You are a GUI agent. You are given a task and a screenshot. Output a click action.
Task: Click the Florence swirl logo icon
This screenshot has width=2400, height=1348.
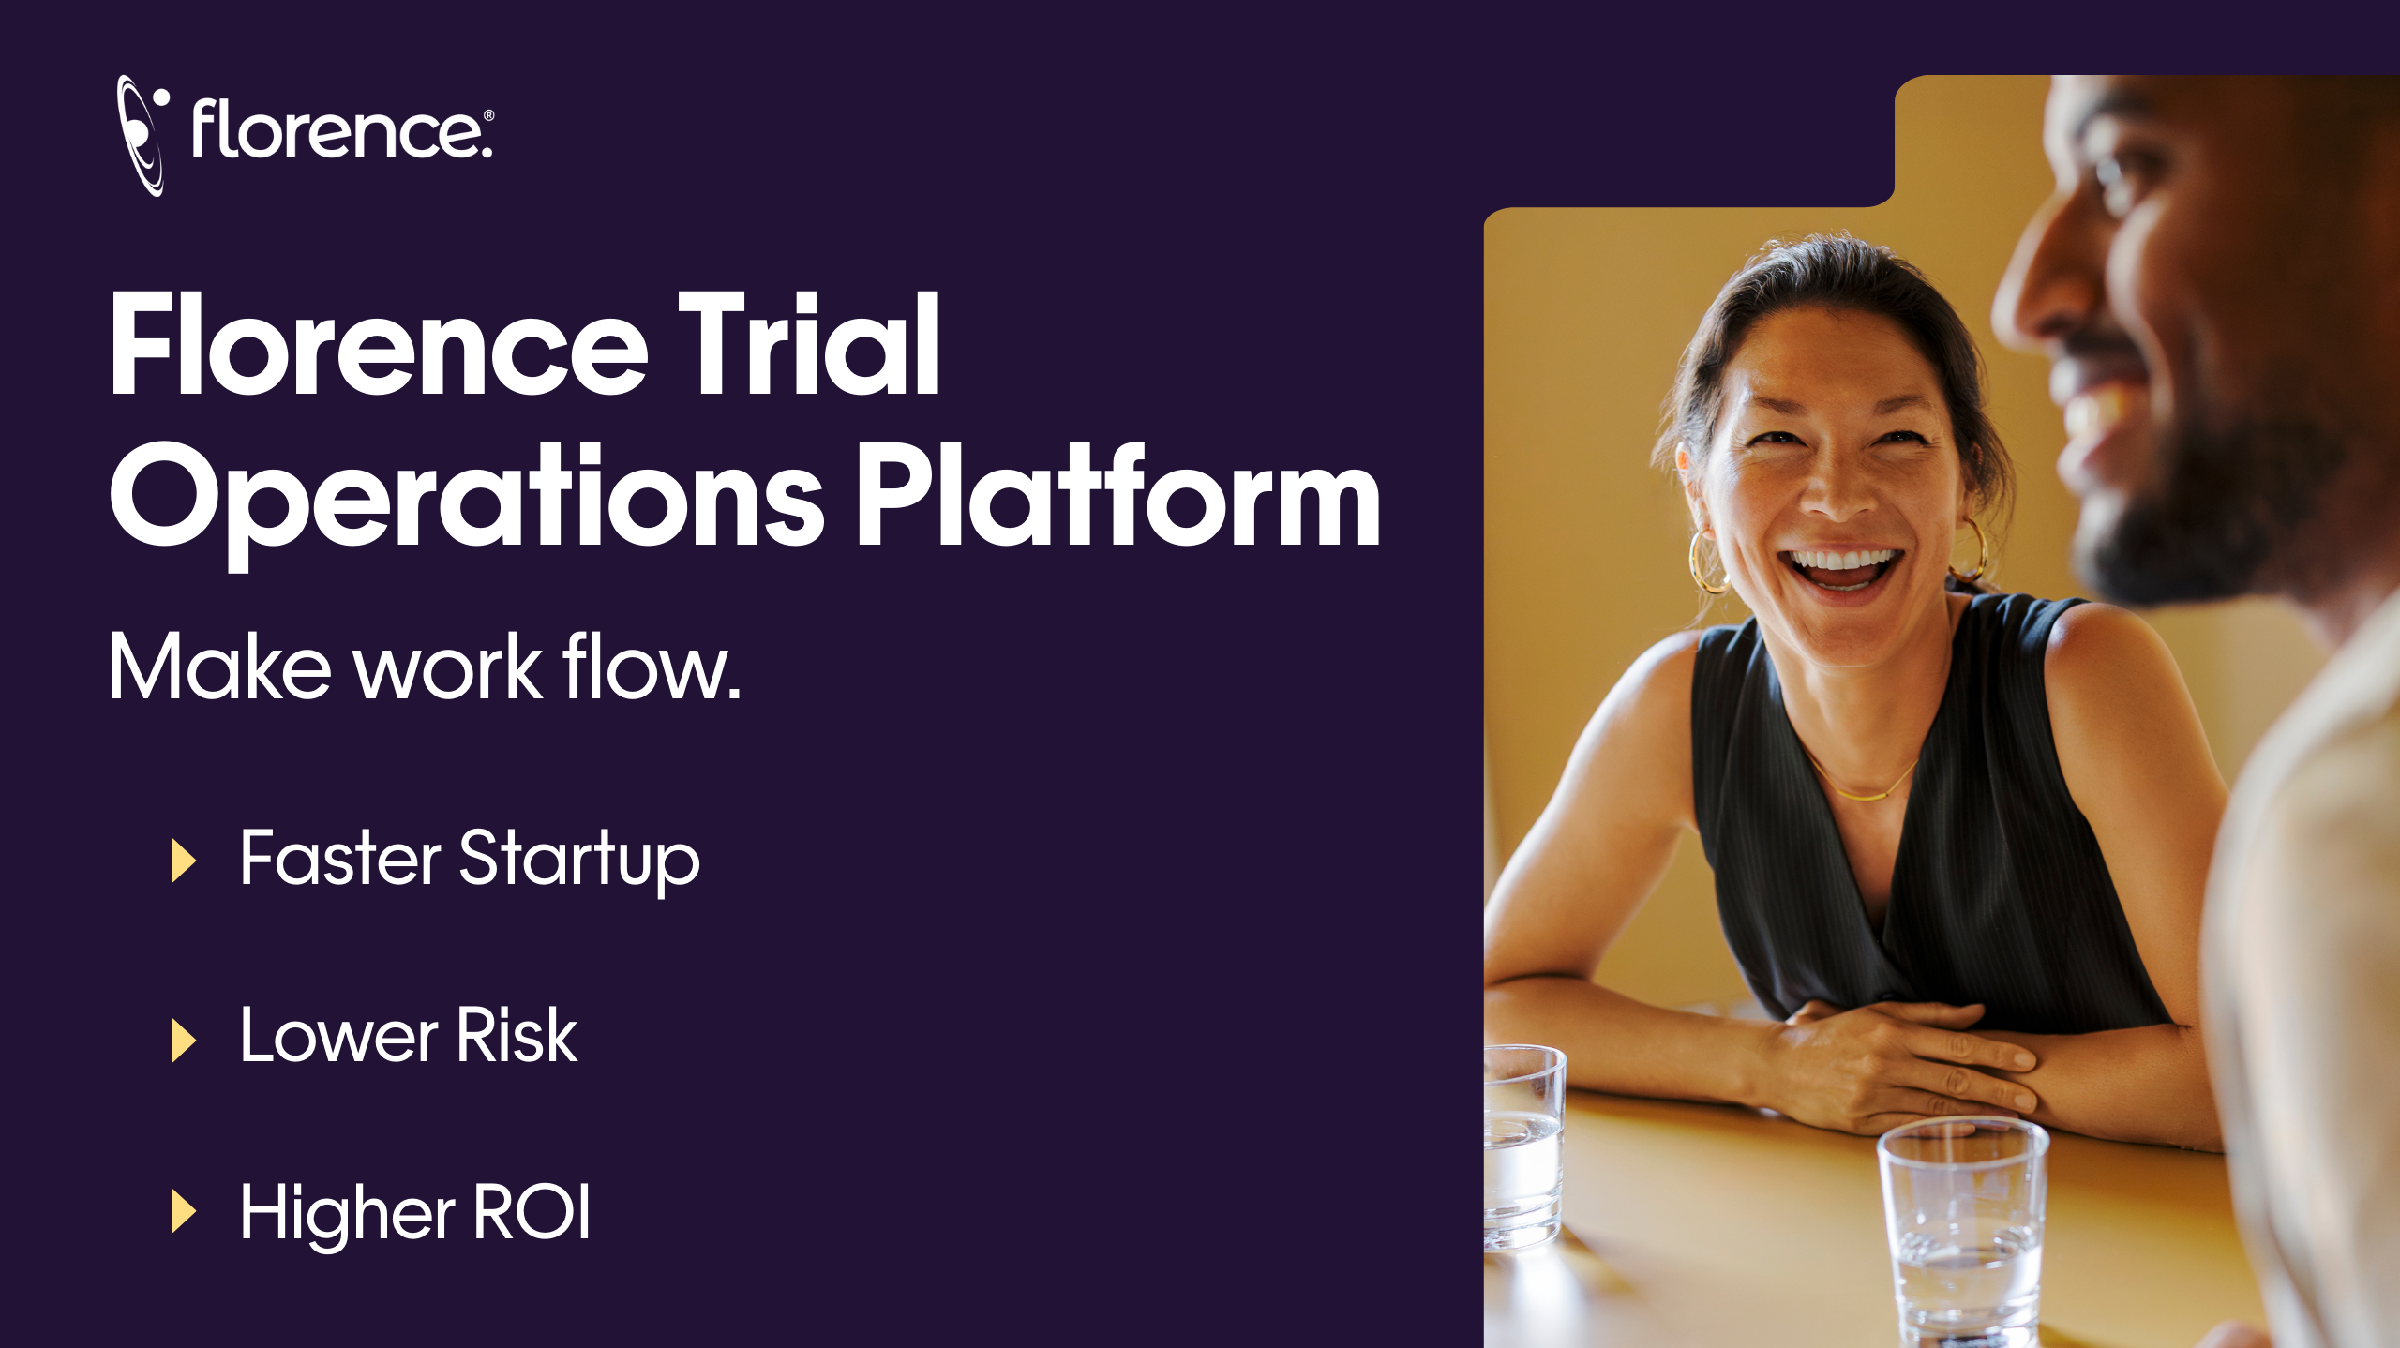[x=141, y=135]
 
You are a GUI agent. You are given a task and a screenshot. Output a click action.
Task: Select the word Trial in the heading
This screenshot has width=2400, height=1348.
[x=809, y=344]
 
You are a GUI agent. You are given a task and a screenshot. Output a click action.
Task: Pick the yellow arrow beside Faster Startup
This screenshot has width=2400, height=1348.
[x=184, y=860]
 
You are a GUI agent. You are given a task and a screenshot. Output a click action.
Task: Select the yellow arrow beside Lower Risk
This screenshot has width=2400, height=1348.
[x=184, y=1040]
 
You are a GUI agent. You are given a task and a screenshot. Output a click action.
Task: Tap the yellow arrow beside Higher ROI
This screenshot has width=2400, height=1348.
[x=184, y=1210]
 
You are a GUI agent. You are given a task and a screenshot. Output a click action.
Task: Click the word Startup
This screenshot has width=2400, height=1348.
[x=579, y=860]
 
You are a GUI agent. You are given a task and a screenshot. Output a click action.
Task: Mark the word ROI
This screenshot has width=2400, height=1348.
[x=532, y=1212]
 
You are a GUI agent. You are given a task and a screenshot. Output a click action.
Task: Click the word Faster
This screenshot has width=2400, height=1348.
[x=340, y=857]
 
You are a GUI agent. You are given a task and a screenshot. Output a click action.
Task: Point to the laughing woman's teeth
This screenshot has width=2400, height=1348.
[x=1841, y=562]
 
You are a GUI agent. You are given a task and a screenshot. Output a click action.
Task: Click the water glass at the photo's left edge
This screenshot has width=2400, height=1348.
[x=1522, y=1147]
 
